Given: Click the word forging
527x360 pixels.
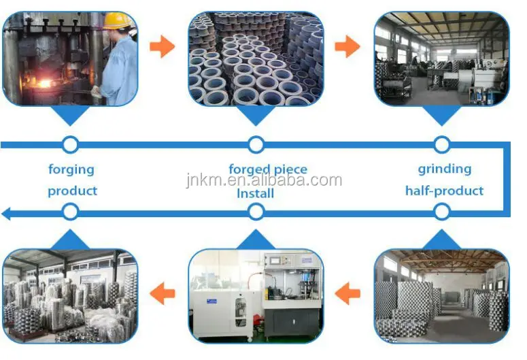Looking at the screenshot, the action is tap(71, 169).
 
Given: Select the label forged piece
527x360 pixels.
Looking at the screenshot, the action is tap(267, 169).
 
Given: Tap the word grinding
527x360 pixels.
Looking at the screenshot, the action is tap(444, 168).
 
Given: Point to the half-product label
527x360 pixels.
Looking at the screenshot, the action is tap(444, 191).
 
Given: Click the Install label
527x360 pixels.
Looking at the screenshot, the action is tap(255, 193).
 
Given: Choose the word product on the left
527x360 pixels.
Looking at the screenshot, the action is tap(72, 191).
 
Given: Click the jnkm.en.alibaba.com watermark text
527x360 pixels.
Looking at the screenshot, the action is tap(265, 180).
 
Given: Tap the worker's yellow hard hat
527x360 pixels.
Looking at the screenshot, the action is tap(117, 20).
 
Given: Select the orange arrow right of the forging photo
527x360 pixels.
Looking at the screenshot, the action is tap(162, 46).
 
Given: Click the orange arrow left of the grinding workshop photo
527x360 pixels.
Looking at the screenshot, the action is tap(347, 46).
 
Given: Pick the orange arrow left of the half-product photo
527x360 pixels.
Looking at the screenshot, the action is tap(348, 294).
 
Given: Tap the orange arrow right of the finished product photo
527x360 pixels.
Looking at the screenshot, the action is tap(162, 294).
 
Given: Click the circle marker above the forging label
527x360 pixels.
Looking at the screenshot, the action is tap(70, 144).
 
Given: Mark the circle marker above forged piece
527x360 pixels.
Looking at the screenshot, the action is tap(256, 144).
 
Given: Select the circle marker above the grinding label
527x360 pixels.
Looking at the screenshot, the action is tap(442, 144).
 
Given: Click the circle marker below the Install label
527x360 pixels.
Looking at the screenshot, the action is tap(256, 213).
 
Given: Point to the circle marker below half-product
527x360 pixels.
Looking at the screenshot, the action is tap(442, 213).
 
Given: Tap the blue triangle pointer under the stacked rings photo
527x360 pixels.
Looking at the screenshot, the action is tap(256, 116).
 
